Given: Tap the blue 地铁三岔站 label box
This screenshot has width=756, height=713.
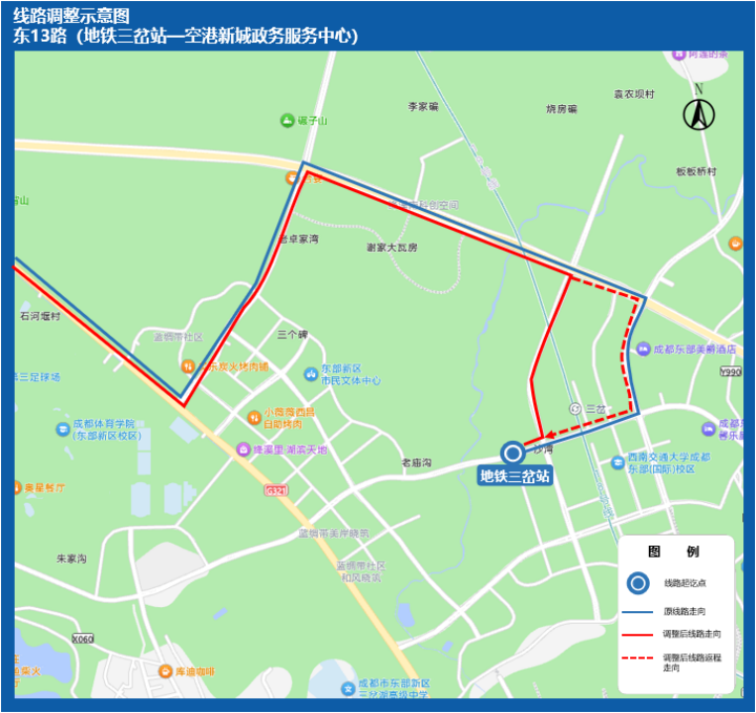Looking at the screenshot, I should click(513, 476).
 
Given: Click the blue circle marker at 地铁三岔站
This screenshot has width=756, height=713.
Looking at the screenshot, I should click(513, 454).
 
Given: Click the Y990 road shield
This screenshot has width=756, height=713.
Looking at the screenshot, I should click(731, 371).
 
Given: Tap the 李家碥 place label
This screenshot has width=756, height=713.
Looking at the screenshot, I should click(423, 106).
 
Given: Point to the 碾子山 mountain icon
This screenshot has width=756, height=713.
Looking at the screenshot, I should click(287, 121).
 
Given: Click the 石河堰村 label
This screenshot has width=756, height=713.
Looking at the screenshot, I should click(40, 317).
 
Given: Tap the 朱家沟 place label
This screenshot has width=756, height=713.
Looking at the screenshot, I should click(71, 560).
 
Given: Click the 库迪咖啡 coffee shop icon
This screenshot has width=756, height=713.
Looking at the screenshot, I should click(166, 671).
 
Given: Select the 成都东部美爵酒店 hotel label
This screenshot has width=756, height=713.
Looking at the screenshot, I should click(694, 350).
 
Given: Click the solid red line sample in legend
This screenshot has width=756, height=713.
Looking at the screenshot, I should click(639, 633).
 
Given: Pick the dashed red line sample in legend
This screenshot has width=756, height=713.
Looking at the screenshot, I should click(639, 658).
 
